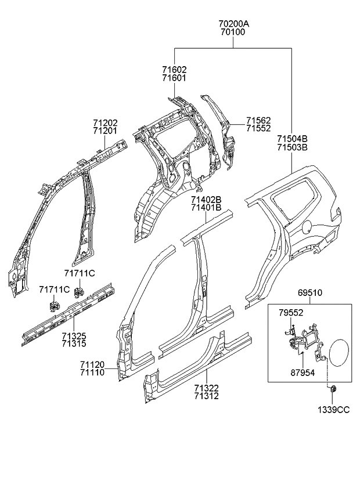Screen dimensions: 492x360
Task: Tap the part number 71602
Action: [174, 70]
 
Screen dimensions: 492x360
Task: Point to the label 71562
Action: [258, 120]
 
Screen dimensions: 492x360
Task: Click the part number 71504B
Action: [292, 139]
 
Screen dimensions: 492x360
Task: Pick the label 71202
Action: [105, 123]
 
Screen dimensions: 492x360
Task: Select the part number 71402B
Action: [206, 199]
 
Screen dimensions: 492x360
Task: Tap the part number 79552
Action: [291, 313]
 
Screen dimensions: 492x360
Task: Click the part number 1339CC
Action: [333, 410]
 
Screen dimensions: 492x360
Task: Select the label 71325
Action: [74, 336]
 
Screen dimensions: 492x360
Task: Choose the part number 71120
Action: [92, 364]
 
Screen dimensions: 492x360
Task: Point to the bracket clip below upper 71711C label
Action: [77, 290]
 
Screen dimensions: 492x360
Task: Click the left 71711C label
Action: [54, 290]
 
